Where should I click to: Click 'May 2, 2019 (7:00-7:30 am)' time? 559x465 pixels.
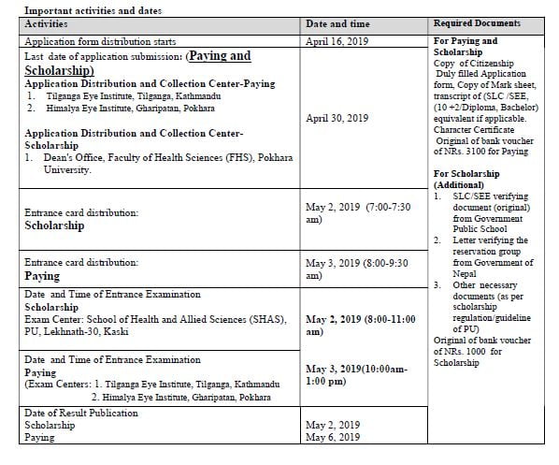click(x=359, y=211)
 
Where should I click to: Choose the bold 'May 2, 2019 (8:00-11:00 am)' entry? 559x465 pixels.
click(x=360, y=325)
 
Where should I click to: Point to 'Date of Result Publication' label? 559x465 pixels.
click(x=81, y=412)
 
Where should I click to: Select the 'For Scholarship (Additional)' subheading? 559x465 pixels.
click(x=467, y=180)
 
